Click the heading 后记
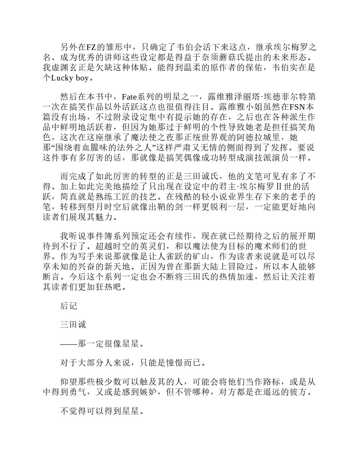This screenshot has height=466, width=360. pos(69,306)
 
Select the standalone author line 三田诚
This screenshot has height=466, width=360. pos(73,325)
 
